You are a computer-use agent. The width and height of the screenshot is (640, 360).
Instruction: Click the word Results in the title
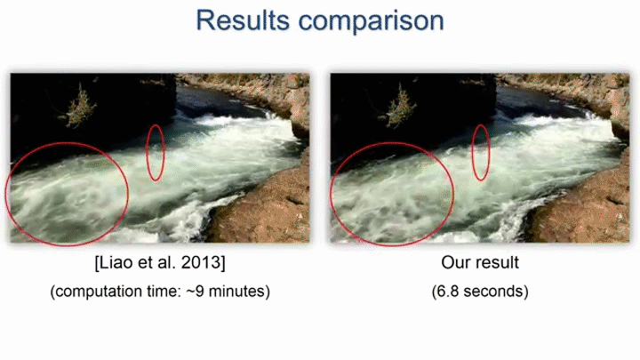pos(243,20)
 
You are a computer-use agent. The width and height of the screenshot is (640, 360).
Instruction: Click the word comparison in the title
pos(371,22)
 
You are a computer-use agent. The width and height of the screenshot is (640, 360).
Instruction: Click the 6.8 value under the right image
pos(448,292)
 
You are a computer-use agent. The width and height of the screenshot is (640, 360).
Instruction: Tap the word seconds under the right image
pos(494,292)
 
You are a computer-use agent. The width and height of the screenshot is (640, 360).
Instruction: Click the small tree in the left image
pos(78,106)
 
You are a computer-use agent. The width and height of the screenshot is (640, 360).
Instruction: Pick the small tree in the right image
pos(398,106)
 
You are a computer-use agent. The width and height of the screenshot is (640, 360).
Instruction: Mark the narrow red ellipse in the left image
pos(147,153)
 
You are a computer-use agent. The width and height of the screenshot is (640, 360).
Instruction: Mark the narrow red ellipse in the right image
pos(471,153)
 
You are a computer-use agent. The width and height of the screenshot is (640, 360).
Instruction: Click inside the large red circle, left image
pos(68,194)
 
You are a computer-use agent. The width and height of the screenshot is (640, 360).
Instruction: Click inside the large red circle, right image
pos(392,194)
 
